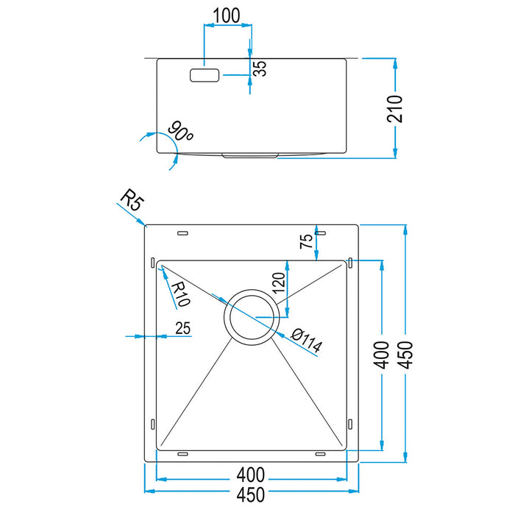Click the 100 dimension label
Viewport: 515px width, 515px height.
pyautogui.click(x=227, y=15)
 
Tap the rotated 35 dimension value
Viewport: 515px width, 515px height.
pyautogui.click(x=260, y=70)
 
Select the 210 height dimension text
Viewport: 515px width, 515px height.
pyautogui.click(x=396, y=109)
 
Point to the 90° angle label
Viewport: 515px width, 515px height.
pyautogui.click(x=180, y=132)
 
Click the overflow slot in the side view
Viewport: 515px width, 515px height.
pyautogui.click(x=205, y=75)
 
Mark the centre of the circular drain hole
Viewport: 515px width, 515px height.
pyautogui.click(x=251, y=317)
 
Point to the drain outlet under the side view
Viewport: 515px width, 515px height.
pyautogui.click(x=251, y=155)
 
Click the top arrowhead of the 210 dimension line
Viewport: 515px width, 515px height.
pyautogui.click(x=396, y=64)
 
